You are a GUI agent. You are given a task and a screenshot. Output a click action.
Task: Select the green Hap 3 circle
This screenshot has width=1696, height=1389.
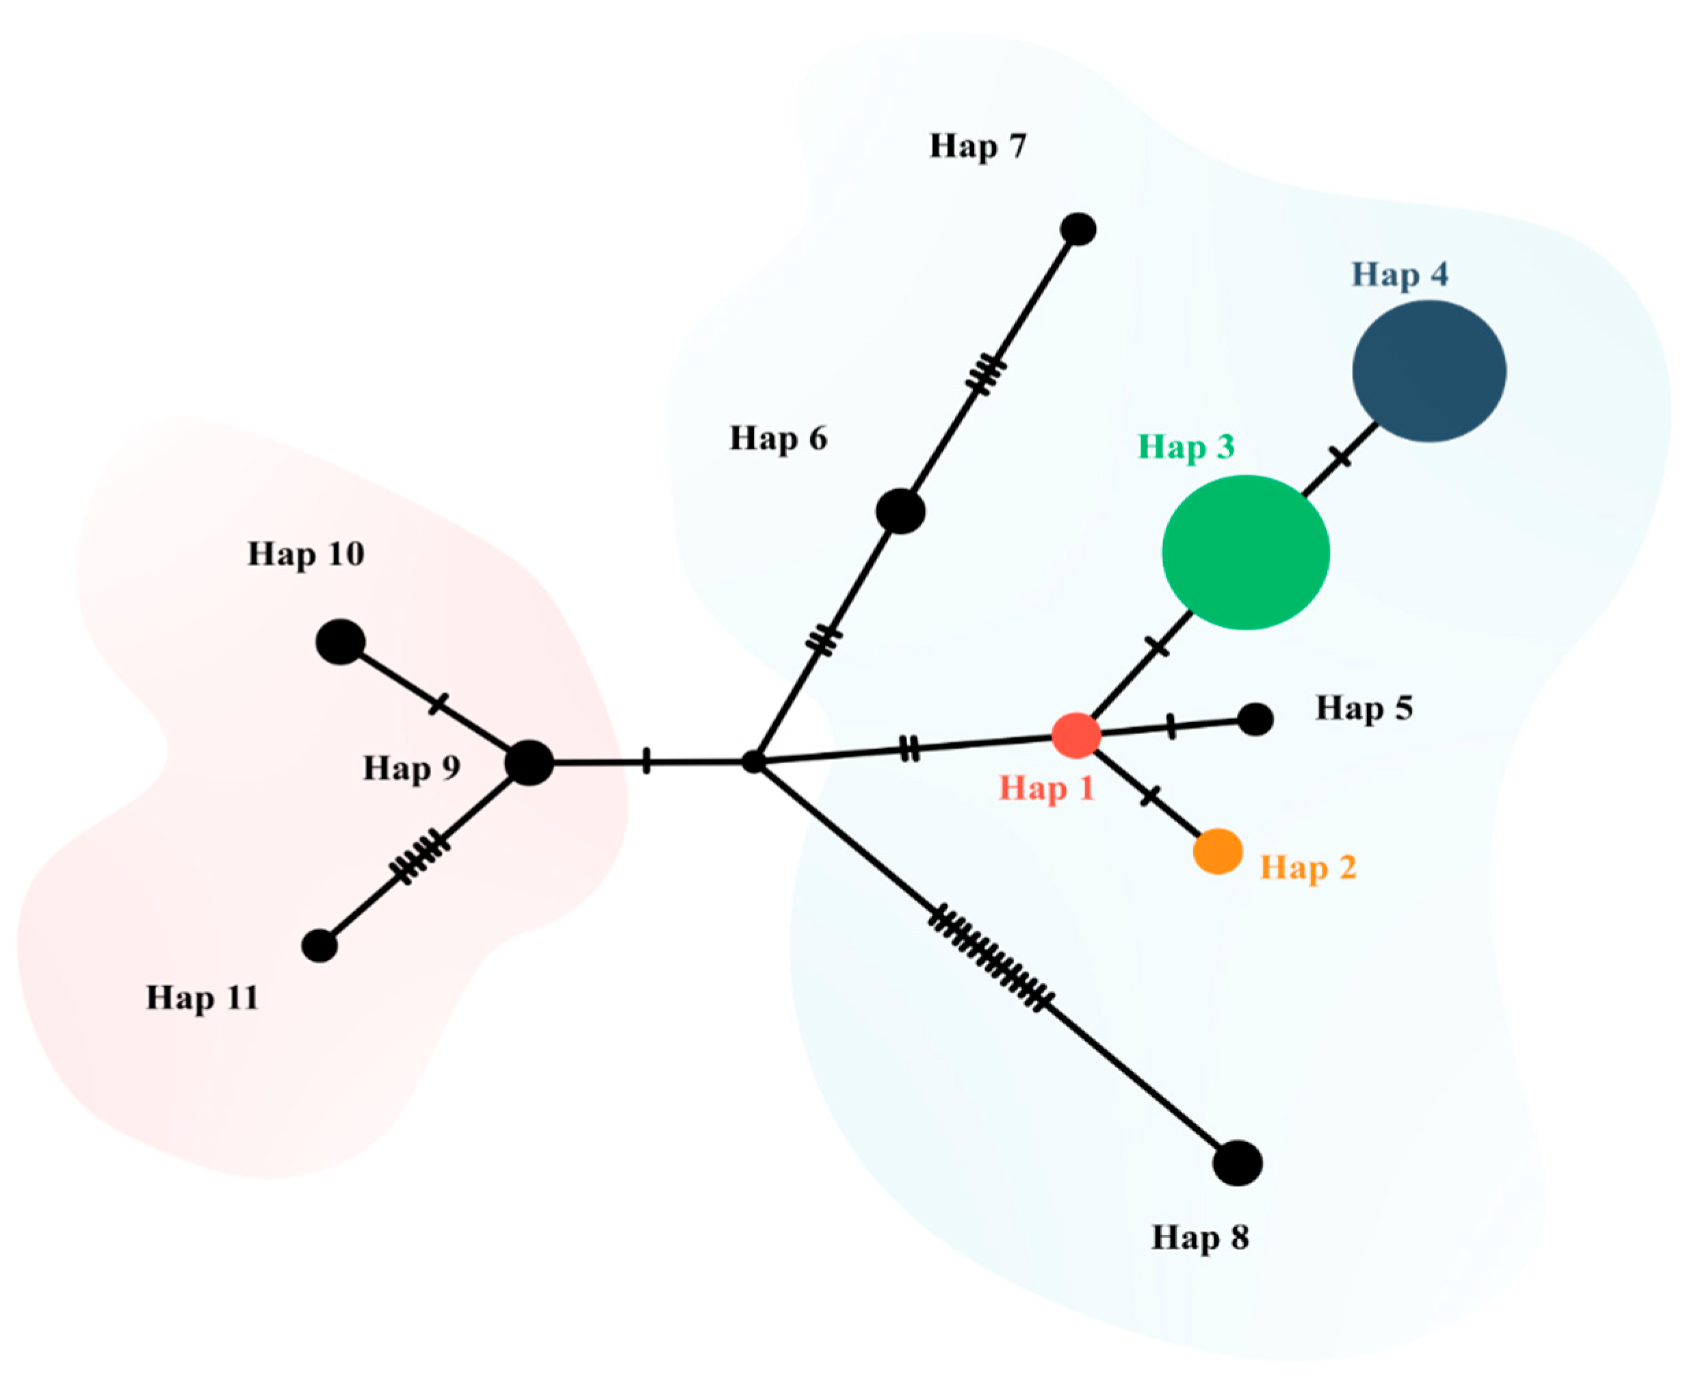pyautogui.click(x=1244, y=552)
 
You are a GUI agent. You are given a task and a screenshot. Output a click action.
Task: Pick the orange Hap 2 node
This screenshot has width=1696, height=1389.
pyautogui.click(x=1218, y=851)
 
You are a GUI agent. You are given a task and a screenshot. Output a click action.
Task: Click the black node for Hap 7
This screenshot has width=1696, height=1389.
pyautogui.click(x=1078, y=230)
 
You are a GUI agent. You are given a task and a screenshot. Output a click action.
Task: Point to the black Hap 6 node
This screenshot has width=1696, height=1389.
pyautogui.click(x=900, y=511)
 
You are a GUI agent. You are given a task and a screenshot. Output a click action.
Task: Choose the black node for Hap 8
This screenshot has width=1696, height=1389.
pyautogui.click(x=1237, y=1163)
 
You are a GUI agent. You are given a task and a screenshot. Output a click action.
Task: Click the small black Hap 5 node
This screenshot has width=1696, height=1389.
pyautogui.click(x=1255, y=719)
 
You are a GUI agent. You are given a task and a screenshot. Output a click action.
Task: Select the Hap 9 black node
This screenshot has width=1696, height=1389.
pyautogui.click(x=529, y=762)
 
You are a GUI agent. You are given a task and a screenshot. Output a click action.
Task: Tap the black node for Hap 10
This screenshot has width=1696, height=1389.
pyautogui.click(x=341, y=642)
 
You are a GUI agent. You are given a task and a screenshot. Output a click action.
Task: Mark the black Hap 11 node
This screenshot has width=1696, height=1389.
pyautogui.click(x=319, y=946)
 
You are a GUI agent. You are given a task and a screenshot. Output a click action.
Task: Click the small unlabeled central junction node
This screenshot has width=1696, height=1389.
pyautogui.click(x=753, y=762)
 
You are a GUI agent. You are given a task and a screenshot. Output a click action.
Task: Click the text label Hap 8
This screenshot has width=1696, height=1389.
pyautogui.click(x=1199, y=1238)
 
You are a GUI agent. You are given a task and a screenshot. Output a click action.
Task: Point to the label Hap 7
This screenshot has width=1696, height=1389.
pyautogui.click(x=977, y=146)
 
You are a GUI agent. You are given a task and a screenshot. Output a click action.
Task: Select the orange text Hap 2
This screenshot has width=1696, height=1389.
pyautogui.click(x=1308, y=868)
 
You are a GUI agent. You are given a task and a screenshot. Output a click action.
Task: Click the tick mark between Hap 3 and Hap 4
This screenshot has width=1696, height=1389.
pyautogui.click(x=1341, y=458)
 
